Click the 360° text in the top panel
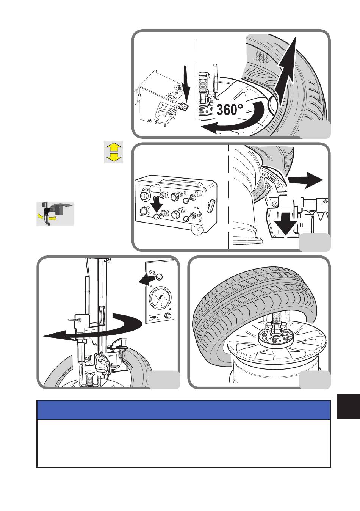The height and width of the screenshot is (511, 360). pyautogui.click(x=230, y=110)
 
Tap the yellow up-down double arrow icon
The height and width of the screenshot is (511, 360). pyautogui.click(x=114, y=152)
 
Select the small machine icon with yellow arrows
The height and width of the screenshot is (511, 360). pyautogui.click(x=55, y=214)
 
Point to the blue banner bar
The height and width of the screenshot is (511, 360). pyautogui.click(x=184, y=410)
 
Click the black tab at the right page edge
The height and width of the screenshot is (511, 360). pyautogui.click(x=348, y=407)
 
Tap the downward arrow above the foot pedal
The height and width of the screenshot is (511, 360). pyautogui.click(x=187, y=85)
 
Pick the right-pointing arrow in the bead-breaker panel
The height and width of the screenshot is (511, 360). pyautogui.click(x=305, y=180)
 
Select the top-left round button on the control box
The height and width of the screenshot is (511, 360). pyautogui.click(x=144, y=195)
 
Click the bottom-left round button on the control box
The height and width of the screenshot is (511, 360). pyautogui.click(x=144, y=211)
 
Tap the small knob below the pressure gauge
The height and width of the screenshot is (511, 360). pyautogui.click(x=169, y=316)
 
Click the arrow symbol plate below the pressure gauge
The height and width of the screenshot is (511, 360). pyautogui.click(x=155, y=317)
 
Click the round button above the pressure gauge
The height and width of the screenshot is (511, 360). pyautogui.click(x=159, y=277)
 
